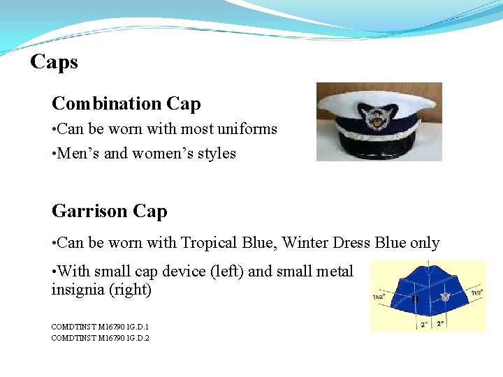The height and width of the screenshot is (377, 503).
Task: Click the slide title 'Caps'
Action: (54, 62)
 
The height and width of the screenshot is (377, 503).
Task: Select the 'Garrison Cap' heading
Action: (109, 211)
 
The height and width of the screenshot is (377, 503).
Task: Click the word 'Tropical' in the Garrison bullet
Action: (206, 243)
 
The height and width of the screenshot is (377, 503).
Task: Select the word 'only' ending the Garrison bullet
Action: (425, 243)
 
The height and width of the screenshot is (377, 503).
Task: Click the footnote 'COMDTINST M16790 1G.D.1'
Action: (100, 326)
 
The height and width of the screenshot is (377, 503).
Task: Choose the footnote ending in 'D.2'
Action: (100, 338)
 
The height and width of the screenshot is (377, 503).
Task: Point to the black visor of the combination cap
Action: (380, 149)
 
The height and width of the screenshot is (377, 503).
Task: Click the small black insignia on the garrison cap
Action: (415, 299)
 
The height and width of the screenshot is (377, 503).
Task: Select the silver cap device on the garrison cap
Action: (445, 297)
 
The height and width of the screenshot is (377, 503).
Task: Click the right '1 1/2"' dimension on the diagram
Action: (476, 293)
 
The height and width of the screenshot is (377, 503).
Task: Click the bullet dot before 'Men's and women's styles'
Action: (54, 154)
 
